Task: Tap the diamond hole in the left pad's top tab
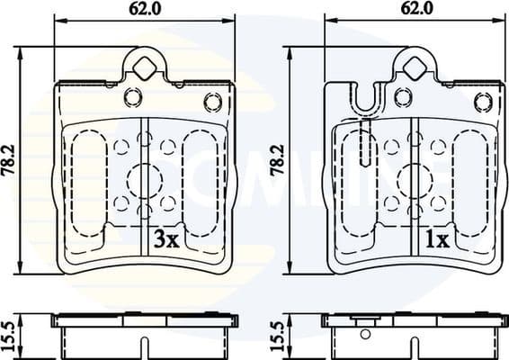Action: click(144, 64)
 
